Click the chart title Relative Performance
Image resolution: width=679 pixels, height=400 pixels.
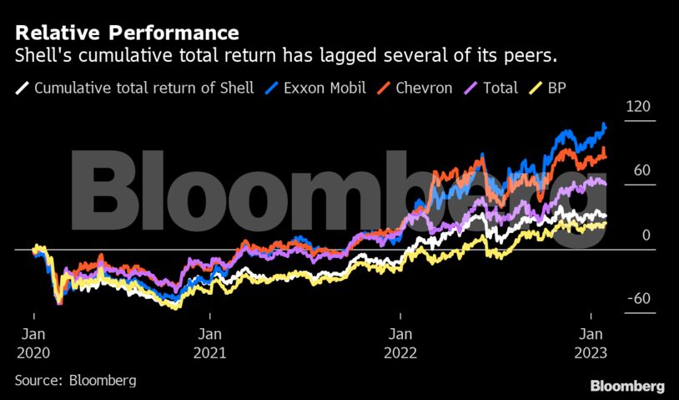(127, 33)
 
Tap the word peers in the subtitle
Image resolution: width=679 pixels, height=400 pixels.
(531, 57)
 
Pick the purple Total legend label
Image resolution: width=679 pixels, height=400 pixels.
(500, 88)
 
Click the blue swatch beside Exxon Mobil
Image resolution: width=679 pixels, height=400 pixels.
(271, 88)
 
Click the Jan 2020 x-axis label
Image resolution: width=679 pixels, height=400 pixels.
(33, 342)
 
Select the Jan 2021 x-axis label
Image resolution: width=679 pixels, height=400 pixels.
(210, 342)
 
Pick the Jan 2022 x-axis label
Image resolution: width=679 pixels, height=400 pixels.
(400, 342)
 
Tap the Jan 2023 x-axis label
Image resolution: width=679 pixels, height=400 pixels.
(591, 342)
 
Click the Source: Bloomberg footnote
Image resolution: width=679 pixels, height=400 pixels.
(75, 380)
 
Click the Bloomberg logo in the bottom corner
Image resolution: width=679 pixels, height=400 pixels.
(627, 386)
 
